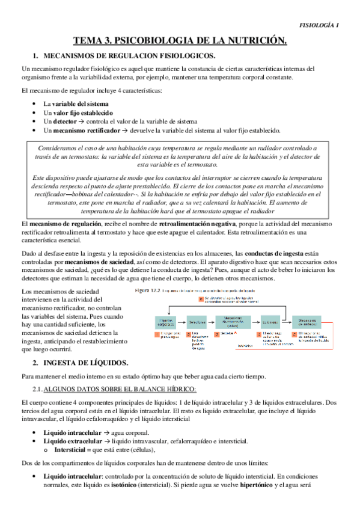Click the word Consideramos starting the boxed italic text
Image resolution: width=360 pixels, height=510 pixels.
coord(62,147)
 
